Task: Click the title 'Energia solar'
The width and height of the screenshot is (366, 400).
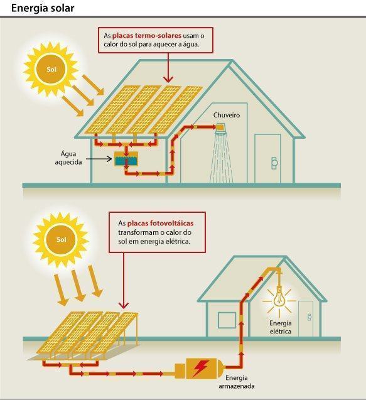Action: click(43, 8)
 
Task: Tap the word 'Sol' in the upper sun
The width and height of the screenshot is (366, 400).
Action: click(51, 69)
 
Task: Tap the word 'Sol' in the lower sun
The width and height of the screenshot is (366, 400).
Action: click(62, 239)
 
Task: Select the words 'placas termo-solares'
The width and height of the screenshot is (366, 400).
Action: click(147, 35)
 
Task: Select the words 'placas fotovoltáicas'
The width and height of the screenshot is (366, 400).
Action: click(160, 223)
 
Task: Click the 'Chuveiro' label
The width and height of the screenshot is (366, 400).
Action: click(227, 115)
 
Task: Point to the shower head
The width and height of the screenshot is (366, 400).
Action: click(220, 129)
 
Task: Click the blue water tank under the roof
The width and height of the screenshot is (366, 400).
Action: click(126, 159)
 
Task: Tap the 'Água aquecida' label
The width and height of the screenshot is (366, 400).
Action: click(68, 158)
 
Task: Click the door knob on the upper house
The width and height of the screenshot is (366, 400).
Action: click(274, 163)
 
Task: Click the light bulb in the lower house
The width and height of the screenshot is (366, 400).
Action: click(279, 297)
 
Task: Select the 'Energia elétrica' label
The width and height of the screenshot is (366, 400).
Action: click(281, 327)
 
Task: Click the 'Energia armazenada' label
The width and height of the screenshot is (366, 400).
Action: click(237, 382)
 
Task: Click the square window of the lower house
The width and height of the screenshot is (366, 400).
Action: click(227, 320)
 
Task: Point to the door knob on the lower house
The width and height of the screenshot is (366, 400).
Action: click(309, 317)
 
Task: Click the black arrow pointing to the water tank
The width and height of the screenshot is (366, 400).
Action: click(99, 159)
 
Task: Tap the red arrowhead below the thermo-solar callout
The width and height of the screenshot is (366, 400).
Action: click(168, 79)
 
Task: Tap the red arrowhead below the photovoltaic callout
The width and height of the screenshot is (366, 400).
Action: click(124, 305)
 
